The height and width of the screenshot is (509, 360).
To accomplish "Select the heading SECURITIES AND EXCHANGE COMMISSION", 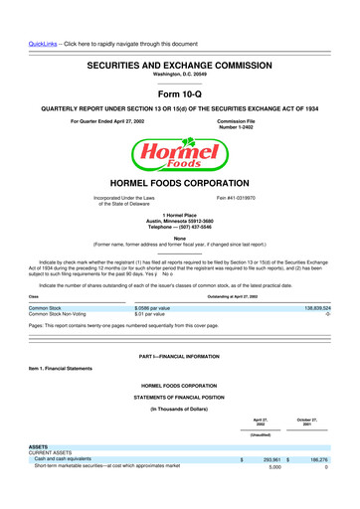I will (x=179, y=63).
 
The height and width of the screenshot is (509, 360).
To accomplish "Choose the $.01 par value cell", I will (x=154, y=315).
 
